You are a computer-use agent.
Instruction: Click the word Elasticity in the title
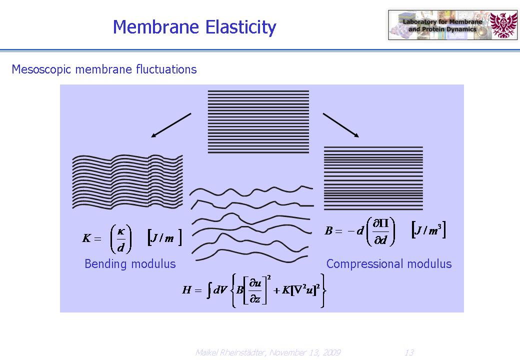[x=241, y=27]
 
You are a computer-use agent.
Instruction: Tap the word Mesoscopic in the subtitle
[x=41, y=69]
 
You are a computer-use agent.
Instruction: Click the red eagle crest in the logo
[x=503, y=25]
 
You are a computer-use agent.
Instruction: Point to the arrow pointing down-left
[x=171, y=125]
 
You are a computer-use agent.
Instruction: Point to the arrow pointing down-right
[x=341, y=125]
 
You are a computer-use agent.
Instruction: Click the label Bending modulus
[x=130, y=264]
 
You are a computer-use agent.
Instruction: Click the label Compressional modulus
[x=389, y=264]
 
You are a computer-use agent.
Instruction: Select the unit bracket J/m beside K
[x=164, y=237]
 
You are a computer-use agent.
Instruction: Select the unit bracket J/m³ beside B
[x=428, y=229]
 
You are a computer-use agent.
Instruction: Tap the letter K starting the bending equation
[x=86, y=238]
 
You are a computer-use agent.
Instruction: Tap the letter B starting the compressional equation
[x=328, y=230]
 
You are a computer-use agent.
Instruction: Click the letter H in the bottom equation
[x=186, y=290]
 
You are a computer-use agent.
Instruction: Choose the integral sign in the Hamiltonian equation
[x=209, y=290]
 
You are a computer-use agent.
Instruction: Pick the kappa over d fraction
[x=121, y=238]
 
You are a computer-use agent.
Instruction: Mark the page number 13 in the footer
[x=409, y=352]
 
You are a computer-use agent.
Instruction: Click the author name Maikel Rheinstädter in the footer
[x=231, y=352]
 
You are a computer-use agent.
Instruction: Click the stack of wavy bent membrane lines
[x=127, y=181]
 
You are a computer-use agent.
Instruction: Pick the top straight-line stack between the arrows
[x=258, y=121]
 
